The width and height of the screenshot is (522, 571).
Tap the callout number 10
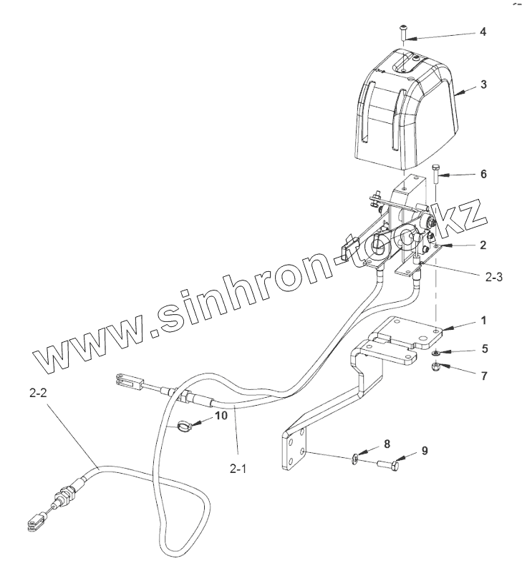tap(221, 415)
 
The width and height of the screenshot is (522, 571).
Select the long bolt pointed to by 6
tap(438, 175)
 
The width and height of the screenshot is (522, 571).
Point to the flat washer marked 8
tap(357, 459)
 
